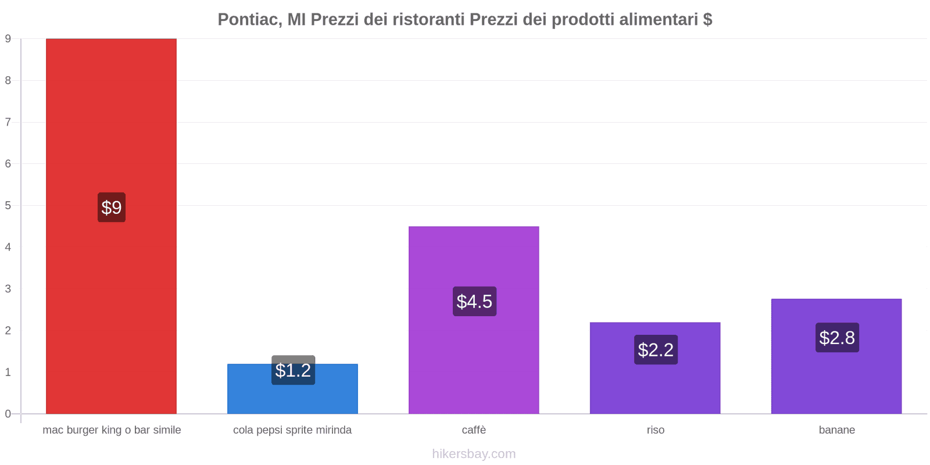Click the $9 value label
click(x=112, y=208)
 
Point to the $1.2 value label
click(x=293, y=370)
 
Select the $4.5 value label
click(x=474, y=301)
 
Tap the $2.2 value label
click(x=656, y=349)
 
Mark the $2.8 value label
click(x=837, y=338)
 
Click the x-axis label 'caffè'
click(x=474, y=430)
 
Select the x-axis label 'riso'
click(x=655, y=430)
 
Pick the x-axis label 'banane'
click(x=836, y=430)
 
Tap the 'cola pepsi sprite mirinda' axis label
click(x=292, y=430)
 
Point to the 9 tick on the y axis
click(x=8, y=39)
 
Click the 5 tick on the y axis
click(x=8, y=205)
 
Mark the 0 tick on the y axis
click(x=8, y=414)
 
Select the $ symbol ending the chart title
click(x=707, y=20)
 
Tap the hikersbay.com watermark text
click(x=474, y=454)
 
